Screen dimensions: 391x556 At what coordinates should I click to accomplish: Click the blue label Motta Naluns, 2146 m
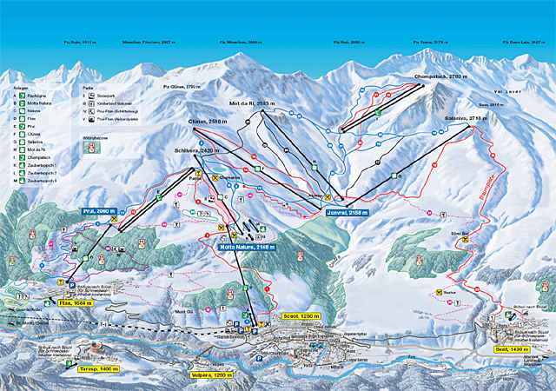tap(247, 247)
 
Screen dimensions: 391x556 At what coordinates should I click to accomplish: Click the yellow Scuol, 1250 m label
tap(304, 315)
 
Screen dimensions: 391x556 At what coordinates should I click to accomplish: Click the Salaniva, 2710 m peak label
tap(464, 117)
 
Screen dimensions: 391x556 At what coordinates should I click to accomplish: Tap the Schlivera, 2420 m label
tap(194, 150)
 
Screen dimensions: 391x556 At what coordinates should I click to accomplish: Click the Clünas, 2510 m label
tap(207, 123)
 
